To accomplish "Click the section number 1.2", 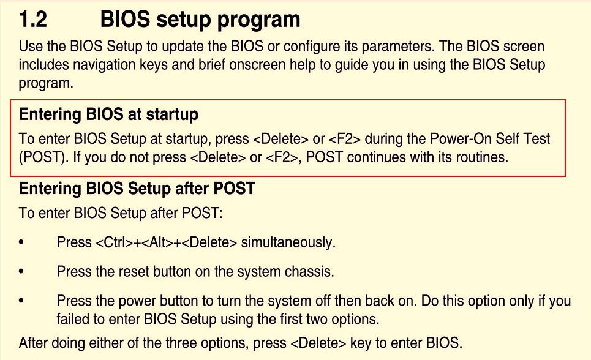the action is [x=33, y=19].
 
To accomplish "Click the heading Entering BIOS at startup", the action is [x=108, y=114].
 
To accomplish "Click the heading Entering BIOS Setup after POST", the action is [x=137, y=189].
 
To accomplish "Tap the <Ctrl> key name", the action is [x=112, y=242].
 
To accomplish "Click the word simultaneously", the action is [x=288, y=242].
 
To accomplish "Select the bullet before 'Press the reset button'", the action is [x=21, y=271].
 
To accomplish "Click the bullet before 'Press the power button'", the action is [x=21, y=301].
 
